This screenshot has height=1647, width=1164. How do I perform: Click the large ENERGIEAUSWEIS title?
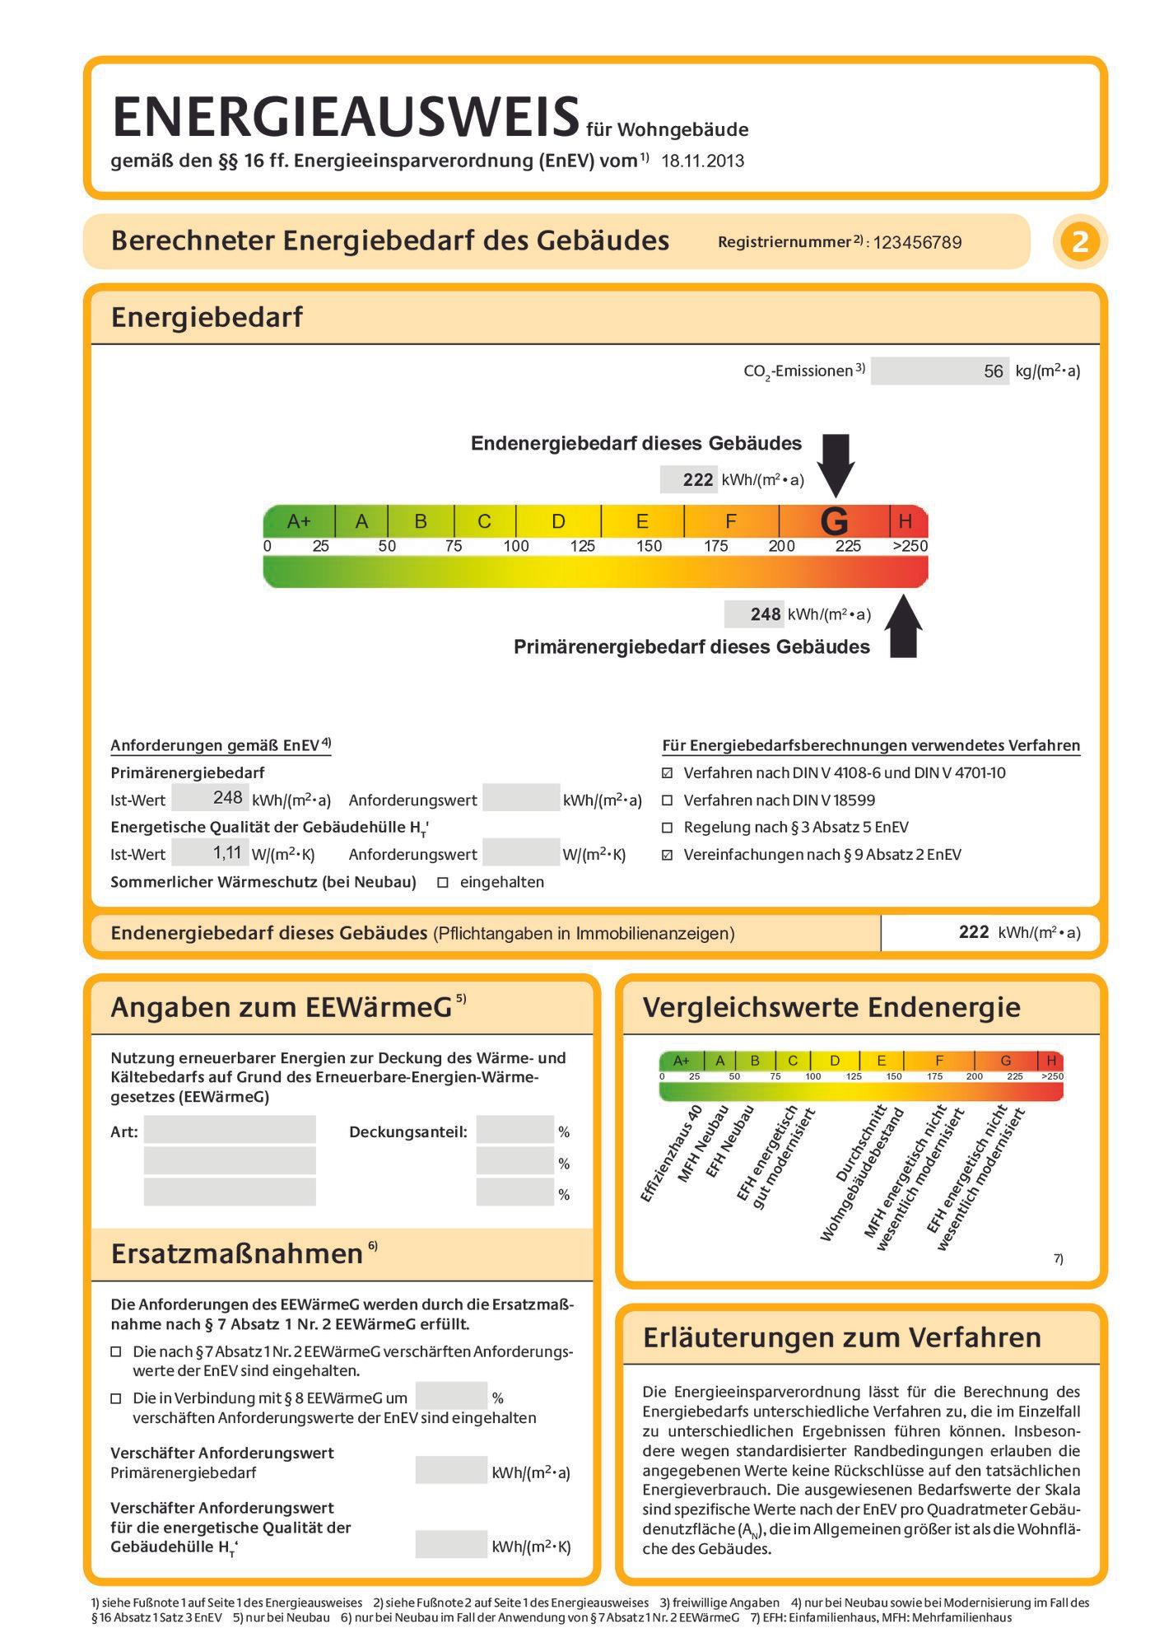[x=346, y=116]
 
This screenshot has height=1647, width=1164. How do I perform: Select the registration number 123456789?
[x=917, y=242]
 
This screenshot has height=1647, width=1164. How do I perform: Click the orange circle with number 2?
[x=1080, y=242]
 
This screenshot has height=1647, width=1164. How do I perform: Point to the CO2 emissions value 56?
[x=994, y=371]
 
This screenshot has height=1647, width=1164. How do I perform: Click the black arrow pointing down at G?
[x=836, y=464]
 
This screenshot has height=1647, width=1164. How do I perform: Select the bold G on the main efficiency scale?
[x=835, y=521]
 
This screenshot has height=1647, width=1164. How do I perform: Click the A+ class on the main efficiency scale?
[x=299, y=521]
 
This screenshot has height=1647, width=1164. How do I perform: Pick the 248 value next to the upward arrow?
[x=766, y=614]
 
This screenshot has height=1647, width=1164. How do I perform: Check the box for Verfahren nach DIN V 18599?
[x=668, y=800]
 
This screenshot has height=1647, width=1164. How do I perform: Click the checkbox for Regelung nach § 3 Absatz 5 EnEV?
[x=668, y=828]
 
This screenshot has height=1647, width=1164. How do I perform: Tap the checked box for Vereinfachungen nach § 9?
[x=668, y=855]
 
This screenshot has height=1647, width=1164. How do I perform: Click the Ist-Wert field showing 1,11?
[x=210, y=853]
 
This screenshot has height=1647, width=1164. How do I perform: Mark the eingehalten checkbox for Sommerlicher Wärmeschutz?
[x=443, y=883]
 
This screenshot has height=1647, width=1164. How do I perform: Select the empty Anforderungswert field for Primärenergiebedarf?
[x=521, y=797]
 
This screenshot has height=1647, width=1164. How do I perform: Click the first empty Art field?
[x=230, y=1129]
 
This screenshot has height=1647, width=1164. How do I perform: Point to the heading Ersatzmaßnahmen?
[x=237, y=1254]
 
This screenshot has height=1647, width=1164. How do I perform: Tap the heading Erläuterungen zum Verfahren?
[x=842, y=1337]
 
